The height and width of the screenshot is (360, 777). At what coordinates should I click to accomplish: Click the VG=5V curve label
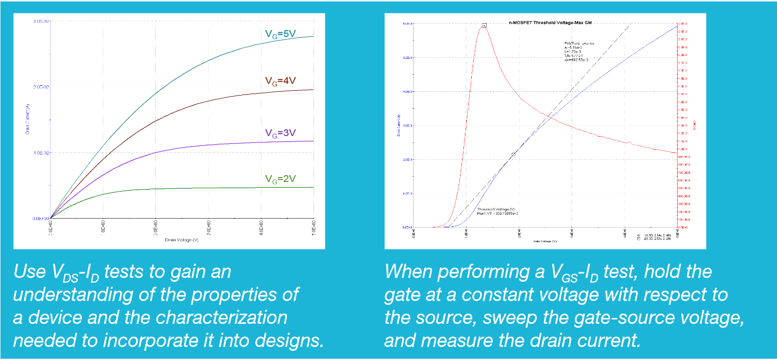[x=280, y=34]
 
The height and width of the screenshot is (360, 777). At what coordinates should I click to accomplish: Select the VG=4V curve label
[x=280, y=81]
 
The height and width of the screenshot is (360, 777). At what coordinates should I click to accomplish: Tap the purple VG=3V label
[x=280, y=133]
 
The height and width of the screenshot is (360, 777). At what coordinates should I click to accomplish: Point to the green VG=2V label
[x=280, y=179]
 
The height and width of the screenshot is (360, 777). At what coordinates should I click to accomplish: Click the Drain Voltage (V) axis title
[x=181, y=240]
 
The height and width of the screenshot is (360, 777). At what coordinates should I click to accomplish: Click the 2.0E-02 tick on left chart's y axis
[x=41, y=87]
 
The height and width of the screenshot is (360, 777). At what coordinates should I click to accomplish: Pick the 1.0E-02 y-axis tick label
[x=41, y=152]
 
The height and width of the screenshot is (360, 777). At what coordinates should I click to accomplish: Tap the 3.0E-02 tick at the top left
[x=41, y=21]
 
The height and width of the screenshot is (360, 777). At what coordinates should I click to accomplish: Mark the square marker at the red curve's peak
[x=484, y=25]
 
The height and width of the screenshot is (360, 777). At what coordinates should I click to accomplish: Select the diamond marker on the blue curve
[x=513, y=154]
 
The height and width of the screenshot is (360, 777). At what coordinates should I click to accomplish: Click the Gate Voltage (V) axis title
[x=545, y=241]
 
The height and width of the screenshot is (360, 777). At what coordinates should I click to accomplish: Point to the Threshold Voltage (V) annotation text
[x=496, y=209]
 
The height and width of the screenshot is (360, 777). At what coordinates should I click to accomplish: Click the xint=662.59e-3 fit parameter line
[x=576, y=60]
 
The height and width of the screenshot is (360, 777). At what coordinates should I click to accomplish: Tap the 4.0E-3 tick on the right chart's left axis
[x=408, y=91]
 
